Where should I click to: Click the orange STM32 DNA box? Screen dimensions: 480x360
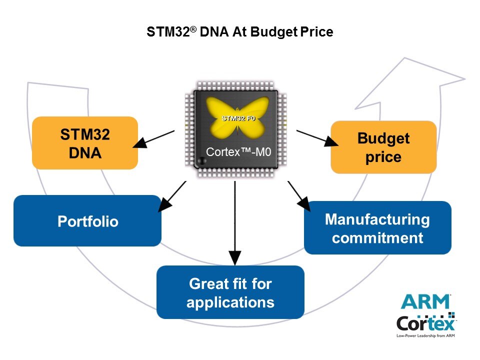pyautogui.click(x=85, y=143)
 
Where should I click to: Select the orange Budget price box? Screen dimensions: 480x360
pyautogui.click(x=383, y=147)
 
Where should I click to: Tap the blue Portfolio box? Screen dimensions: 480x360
pyautogui.click(x=87, y=220)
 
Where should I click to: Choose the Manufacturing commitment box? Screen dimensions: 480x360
pyautogui.click(x=378, y=228)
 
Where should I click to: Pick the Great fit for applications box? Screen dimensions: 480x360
pyautogui.click(x=230, y=292)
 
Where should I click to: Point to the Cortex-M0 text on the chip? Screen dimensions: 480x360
pyautogui.click(x=238, y=152)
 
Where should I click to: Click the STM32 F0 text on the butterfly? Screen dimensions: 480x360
pyautogui.click(x=238, y=118)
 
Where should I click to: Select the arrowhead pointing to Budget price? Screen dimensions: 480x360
pyautogui.click(x=331, y=141)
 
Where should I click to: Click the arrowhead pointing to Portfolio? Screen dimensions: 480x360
pyautogui.click(x=164, y=204)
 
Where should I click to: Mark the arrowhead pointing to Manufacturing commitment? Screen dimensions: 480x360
pyautogui.click(x=304, y=203)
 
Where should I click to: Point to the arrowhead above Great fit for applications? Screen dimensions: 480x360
pyautogui.click(x=235, y=258)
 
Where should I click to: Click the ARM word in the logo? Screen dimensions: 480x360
pyautogui.click(x=425, y=302)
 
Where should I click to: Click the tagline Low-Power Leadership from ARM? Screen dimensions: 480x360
pyautogui.click(x=425, y=336)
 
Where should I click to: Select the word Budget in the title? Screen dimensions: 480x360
pyautogui.click(x=274, y=32)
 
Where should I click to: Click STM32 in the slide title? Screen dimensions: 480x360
pyautogui.click(x=168, y=31)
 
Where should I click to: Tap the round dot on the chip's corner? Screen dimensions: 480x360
pyautogui.click(x=201, y=160)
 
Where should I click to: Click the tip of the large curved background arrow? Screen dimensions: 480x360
pyautogui.click(x=465, y=79)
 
